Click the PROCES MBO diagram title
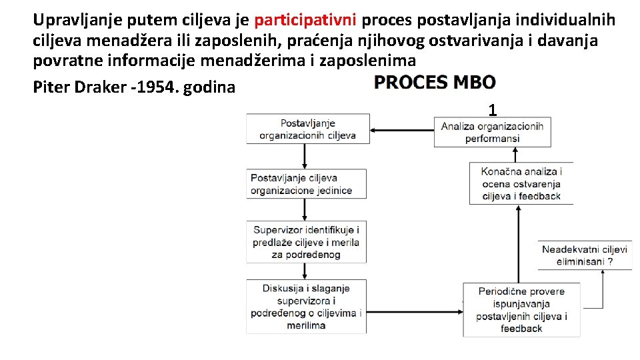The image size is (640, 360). [x=435, y=83]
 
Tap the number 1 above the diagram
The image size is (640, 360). [x=492, y=110]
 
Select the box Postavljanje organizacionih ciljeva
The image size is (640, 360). [x=308, y=129]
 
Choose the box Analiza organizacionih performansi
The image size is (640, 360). [x=492, y=132]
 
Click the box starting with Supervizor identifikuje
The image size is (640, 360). [x=306, y=242]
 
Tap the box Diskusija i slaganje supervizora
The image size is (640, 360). [x=306, y=307]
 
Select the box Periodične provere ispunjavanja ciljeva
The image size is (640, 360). [x=521, y=310]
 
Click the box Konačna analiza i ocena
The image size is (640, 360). [x=521, y=183]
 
